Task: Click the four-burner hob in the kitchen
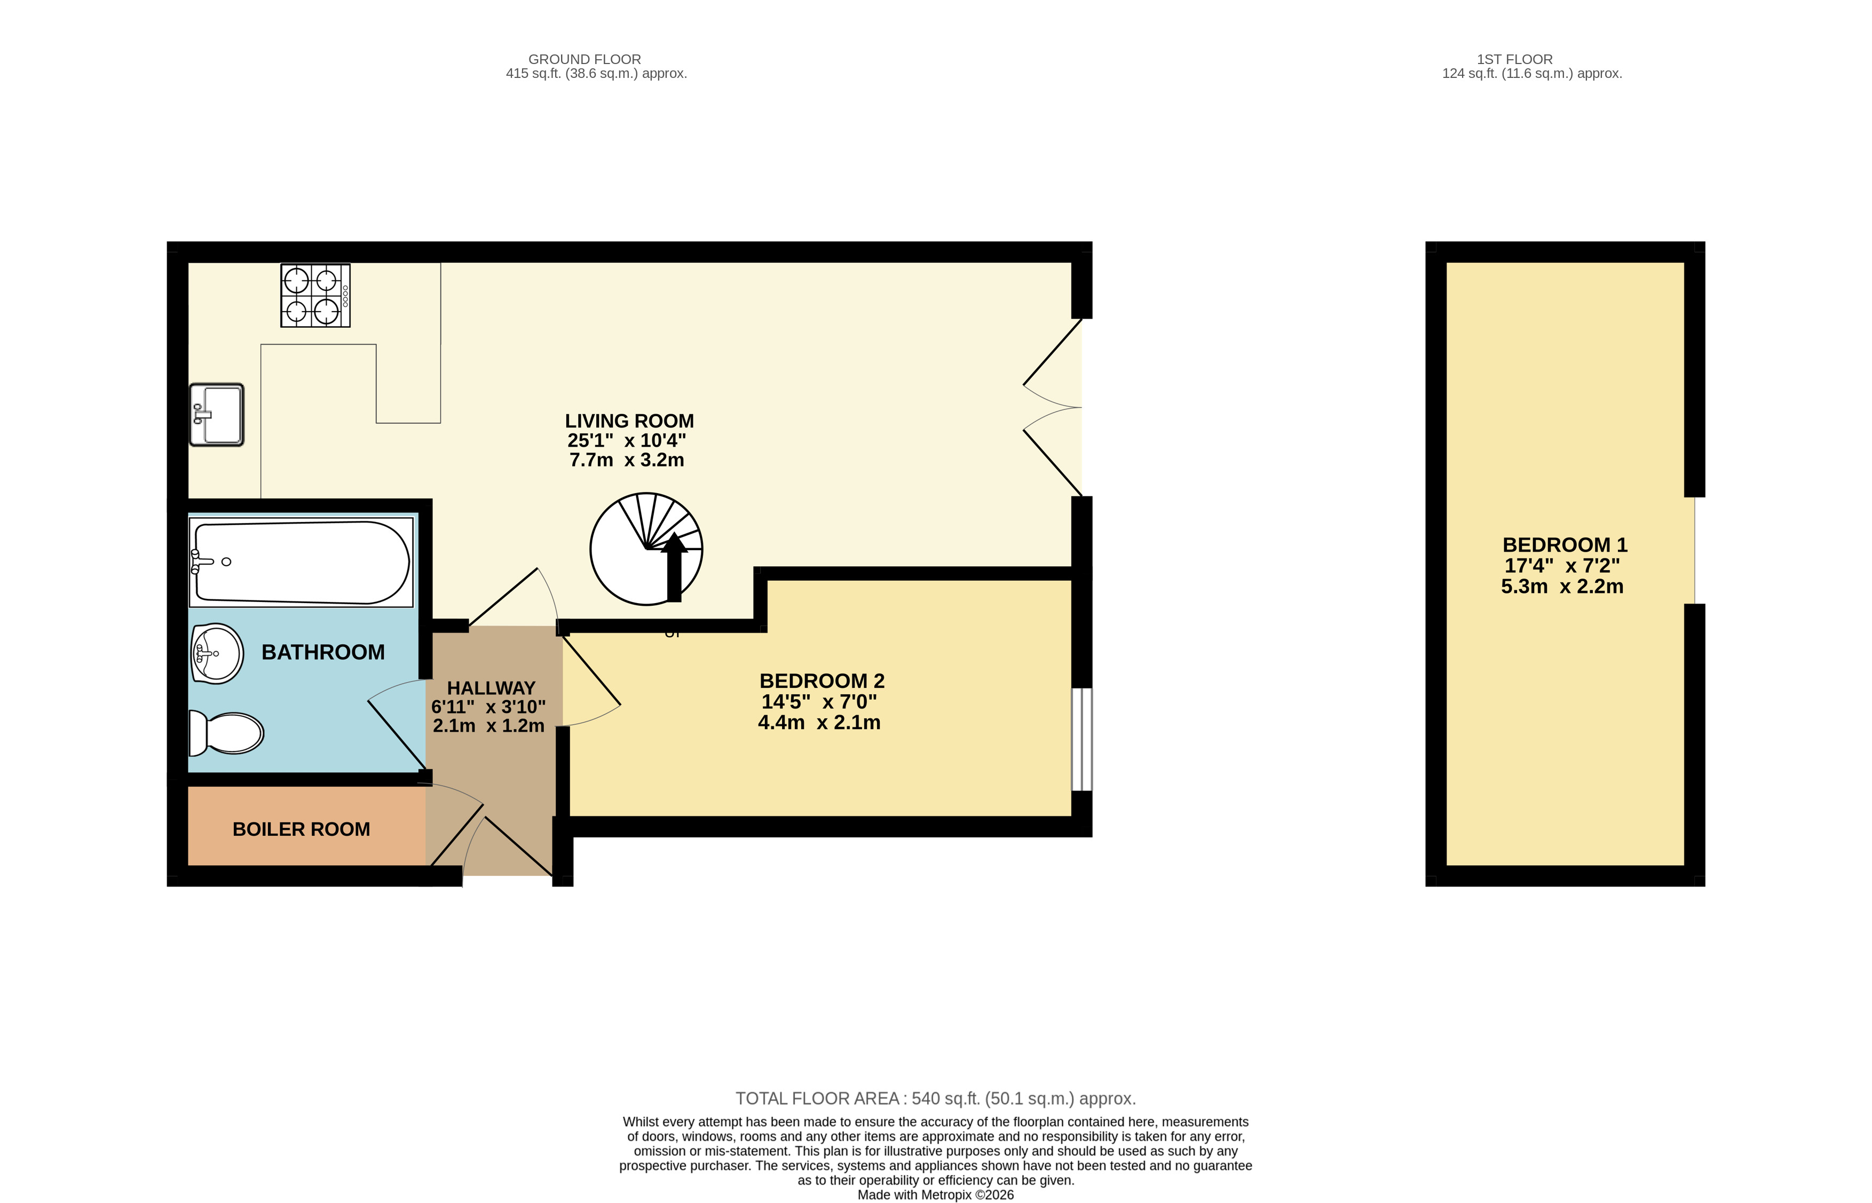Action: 315,295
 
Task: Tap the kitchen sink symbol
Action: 216,415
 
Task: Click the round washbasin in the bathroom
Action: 217,653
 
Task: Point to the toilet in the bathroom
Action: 226,733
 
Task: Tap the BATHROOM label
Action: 323,652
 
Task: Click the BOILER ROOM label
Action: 302,829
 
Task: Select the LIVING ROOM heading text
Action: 630,421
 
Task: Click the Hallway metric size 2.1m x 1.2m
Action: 489,726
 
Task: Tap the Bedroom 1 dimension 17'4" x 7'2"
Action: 1562,566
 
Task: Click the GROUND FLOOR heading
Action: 584,59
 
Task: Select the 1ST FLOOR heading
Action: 1515,59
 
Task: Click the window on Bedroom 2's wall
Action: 1082,739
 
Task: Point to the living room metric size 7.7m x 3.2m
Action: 627,460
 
